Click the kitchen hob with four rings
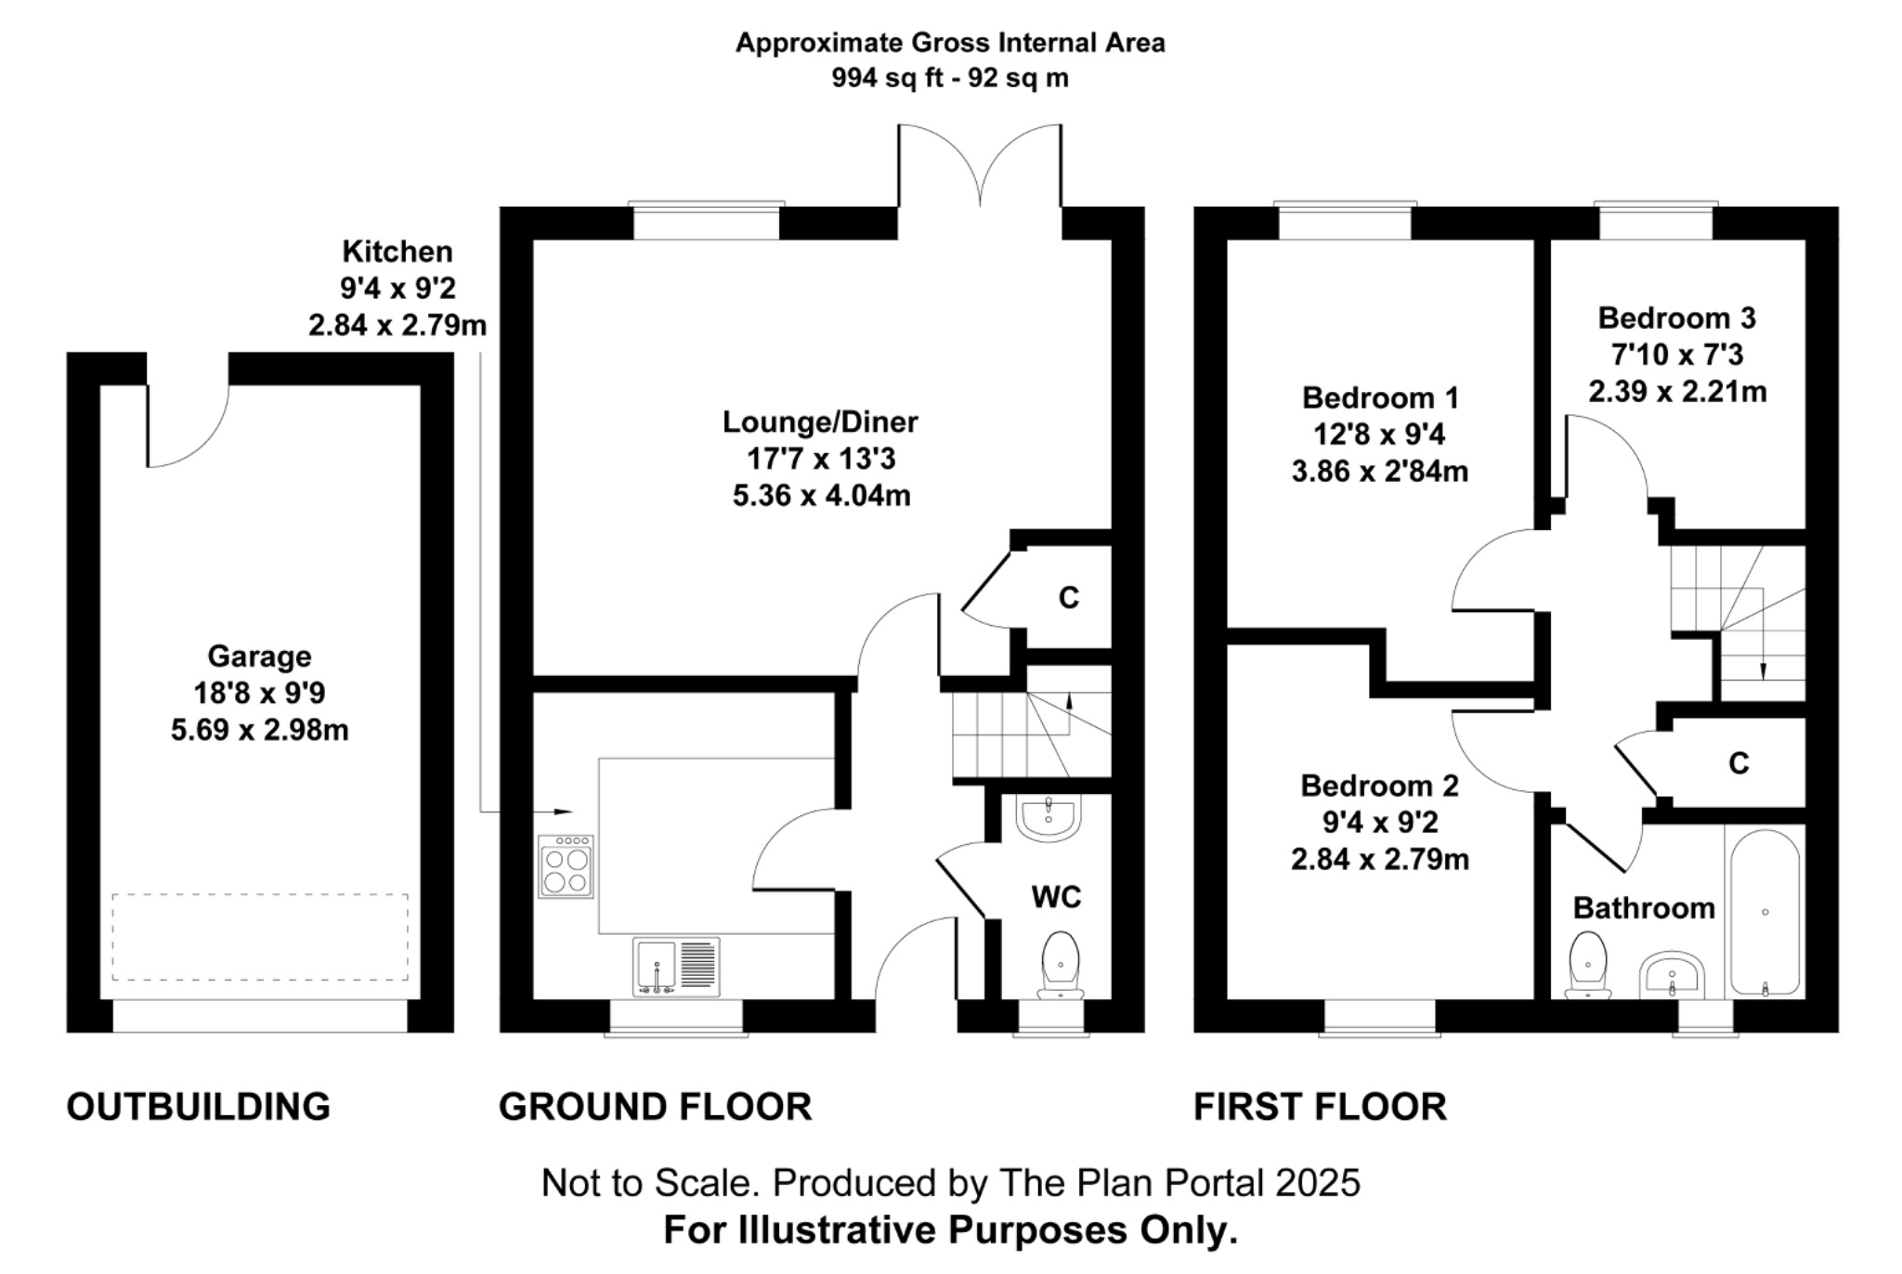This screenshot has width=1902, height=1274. pos(566,866)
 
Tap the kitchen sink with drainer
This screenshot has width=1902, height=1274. pos(677,967)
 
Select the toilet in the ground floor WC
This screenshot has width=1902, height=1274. pos(1061,965)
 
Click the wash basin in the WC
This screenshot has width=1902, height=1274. pos(1049,818)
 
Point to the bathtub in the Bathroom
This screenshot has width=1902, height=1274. pos(1765,913)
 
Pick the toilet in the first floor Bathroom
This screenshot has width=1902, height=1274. pos(1587,967)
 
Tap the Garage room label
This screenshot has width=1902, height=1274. pos(259,656)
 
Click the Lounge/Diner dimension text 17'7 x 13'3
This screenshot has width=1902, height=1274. pos(821,459)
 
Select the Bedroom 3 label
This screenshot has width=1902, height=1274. pos(1677,318)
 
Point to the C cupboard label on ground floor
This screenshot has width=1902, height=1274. pos(1069,598)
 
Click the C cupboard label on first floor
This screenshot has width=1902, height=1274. pos(1739,763)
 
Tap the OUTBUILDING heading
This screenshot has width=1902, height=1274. pos(199,1107)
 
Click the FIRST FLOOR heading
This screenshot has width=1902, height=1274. pos(1320,1107)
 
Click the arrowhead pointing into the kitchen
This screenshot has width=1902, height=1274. pos(563,812)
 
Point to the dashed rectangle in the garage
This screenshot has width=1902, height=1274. pos(260,937)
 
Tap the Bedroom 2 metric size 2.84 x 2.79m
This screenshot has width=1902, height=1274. pos(1380,860)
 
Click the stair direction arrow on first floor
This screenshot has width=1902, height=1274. pos(1763,650)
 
